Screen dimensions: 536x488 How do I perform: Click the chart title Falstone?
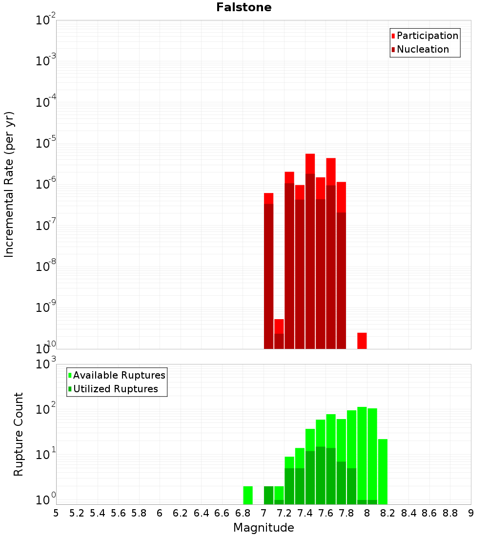[x=244, y=7]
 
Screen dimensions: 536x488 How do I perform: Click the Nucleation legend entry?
[x=423, y=49]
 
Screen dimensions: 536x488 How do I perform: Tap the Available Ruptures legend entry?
[x=119, y=375]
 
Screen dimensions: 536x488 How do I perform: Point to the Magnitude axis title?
[x=264, y=528]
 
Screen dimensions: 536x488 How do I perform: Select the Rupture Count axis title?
[x=19, y=434]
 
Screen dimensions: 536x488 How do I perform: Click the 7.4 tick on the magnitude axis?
[x=305, y=513]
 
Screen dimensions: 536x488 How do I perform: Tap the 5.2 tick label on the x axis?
[x=77, y=513]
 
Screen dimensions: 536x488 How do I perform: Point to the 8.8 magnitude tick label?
[x=450, y=513]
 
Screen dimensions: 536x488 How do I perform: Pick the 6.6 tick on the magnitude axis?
[x=222, y=513]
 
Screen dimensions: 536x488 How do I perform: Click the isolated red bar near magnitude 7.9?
[x=362, y=341]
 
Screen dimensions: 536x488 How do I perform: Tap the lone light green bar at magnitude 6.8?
[x=248, y=495]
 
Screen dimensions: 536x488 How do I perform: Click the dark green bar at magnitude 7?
[x=268, y=495]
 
